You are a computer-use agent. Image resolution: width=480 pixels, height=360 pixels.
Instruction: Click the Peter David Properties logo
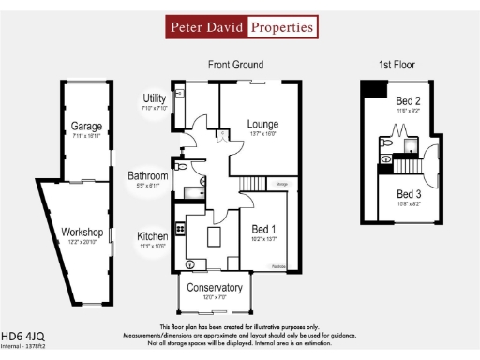point(241,27)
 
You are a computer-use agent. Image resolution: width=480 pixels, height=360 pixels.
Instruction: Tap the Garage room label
point(86,125)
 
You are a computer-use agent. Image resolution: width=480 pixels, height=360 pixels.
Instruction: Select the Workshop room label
point(82,232)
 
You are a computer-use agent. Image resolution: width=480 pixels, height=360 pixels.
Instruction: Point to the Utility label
point(155,98)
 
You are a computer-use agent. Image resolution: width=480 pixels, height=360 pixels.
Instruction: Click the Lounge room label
point(263,124)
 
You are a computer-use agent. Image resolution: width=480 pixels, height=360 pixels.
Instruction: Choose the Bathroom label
point(148,175)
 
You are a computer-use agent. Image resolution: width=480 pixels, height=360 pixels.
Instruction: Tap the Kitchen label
point(153,236)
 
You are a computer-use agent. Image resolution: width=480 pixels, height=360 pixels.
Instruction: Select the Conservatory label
point(215,288)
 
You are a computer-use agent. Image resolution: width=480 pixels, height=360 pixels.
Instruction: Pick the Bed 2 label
point(408,100)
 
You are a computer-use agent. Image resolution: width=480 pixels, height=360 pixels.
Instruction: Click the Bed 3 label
point(408,193)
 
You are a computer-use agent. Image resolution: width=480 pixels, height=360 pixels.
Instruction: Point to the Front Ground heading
point(235,65)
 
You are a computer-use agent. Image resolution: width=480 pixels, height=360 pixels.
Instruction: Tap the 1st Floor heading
point(397,65)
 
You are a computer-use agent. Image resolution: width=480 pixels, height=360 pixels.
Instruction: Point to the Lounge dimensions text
point(263,134)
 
